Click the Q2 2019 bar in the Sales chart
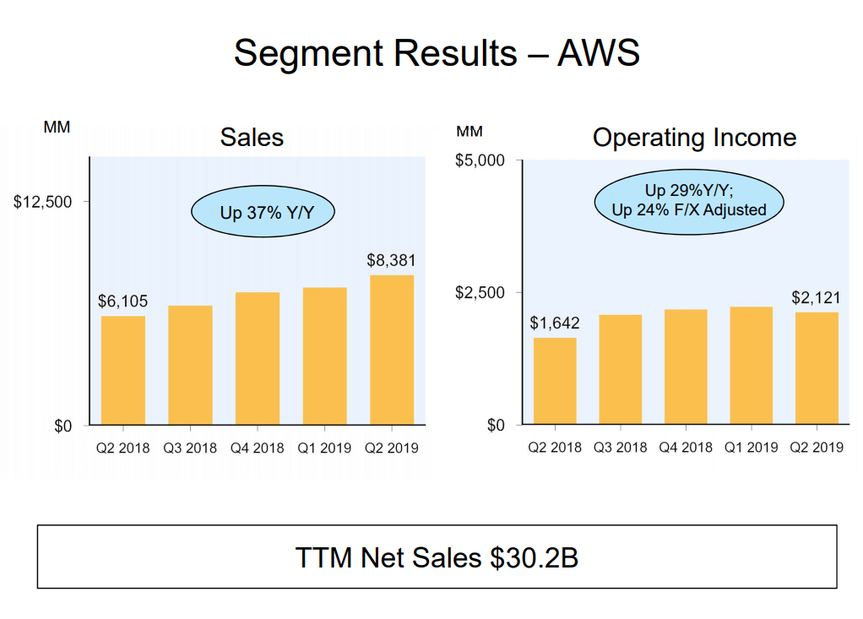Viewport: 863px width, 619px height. click(392, 350)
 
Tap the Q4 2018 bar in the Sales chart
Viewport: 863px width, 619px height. click(258, 358)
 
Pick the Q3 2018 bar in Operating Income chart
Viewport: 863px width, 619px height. click(621, 369)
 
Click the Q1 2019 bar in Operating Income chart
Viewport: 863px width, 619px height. click(751, 365)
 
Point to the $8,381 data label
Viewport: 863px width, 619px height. click(391, 261)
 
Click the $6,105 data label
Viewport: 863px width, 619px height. click(122, 301)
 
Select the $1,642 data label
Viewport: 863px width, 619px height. click(555, 323)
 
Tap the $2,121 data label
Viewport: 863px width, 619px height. click(816, 298)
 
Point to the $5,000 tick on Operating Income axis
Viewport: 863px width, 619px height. click(480, 160)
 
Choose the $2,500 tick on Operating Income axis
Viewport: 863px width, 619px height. click(480, 293)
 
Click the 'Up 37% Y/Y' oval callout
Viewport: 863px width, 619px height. click(263, 212)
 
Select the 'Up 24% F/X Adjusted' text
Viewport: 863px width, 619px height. click(689, 210)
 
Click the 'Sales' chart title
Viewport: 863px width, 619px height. click(252, 138)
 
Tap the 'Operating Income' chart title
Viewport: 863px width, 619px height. click(694, 138)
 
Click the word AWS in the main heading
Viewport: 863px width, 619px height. click(598, 53)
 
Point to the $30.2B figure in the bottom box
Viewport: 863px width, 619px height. click(534, 557)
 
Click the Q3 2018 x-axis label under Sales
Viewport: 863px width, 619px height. click(190, 448)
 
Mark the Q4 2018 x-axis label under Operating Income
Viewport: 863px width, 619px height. click(685, 448)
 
